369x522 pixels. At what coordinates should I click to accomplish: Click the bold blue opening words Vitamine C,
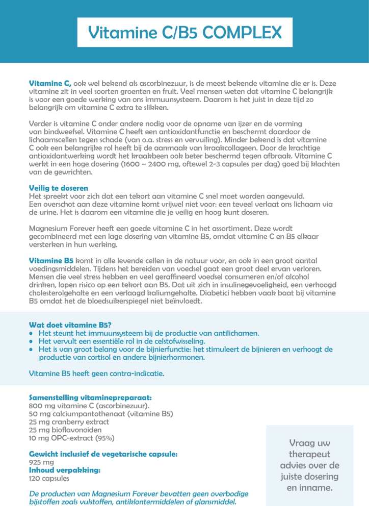click(50, 83)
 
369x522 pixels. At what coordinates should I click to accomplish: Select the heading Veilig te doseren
click(59, 188)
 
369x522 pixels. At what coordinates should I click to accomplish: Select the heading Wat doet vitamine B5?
click(70, 325)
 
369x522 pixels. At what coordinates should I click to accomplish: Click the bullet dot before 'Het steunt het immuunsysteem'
click(32, 333)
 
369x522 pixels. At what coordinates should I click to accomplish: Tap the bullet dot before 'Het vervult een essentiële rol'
click(32, 341)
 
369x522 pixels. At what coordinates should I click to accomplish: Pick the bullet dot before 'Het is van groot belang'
click(32, 350)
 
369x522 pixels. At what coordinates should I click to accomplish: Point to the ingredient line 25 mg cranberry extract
click(69, 422)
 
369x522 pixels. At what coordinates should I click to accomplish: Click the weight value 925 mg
click(38, 462)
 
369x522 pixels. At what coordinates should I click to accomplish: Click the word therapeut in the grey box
click(309, 454)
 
